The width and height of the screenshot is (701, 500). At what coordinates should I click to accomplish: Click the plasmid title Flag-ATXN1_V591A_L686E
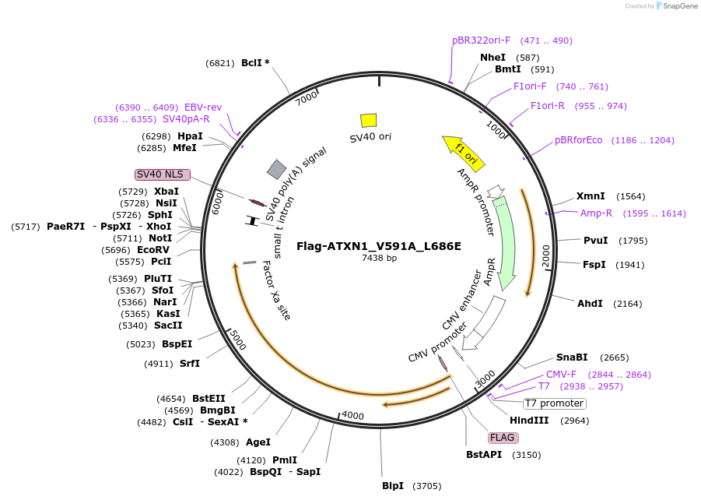pos(378,246)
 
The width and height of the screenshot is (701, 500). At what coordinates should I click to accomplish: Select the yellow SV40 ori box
pos(368,120)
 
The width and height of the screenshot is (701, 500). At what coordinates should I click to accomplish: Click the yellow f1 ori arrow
pos(464,152)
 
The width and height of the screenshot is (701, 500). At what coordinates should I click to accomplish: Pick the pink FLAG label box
pos(503,437)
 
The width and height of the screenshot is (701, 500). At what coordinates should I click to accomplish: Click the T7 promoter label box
pos(554,403)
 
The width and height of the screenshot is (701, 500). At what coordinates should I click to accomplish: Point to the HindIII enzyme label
pos(530,421)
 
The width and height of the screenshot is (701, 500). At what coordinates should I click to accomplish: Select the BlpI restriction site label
pos(393,486)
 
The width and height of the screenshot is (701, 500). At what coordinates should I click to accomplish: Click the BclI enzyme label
pos(252,63)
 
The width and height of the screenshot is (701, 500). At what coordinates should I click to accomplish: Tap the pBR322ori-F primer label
pos(481,40)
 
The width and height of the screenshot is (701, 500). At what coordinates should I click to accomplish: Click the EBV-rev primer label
pos(203,107)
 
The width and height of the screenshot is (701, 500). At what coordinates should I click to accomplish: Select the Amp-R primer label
pos(596,213)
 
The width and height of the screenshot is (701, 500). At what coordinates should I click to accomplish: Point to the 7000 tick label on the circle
pos(307,99)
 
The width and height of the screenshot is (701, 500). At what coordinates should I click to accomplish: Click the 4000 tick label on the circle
pos(352,416)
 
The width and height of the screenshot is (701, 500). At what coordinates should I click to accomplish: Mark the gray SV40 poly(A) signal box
pos(276,169)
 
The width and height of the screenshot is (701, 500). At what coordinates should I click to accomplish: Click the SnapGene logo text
pos(679,6)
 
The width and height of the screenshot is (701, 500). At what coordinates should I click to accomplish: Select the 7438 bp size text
pos(379,258)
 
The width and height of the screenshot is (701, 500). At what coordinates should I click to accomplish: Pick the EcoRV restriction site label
pos(153,250)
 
